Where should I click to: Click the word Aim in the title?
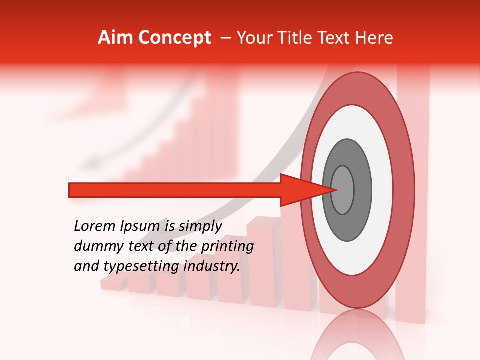click(116, 38)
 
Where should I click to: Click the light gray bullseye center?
click(343, 190)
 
